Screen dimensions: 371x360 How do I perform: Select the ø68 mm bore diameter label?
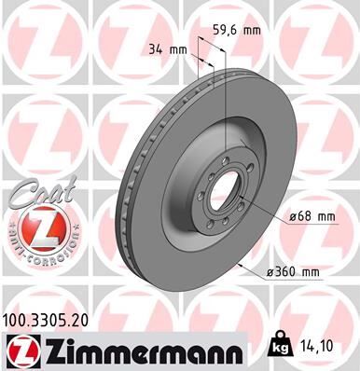[x=311, y=217]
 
